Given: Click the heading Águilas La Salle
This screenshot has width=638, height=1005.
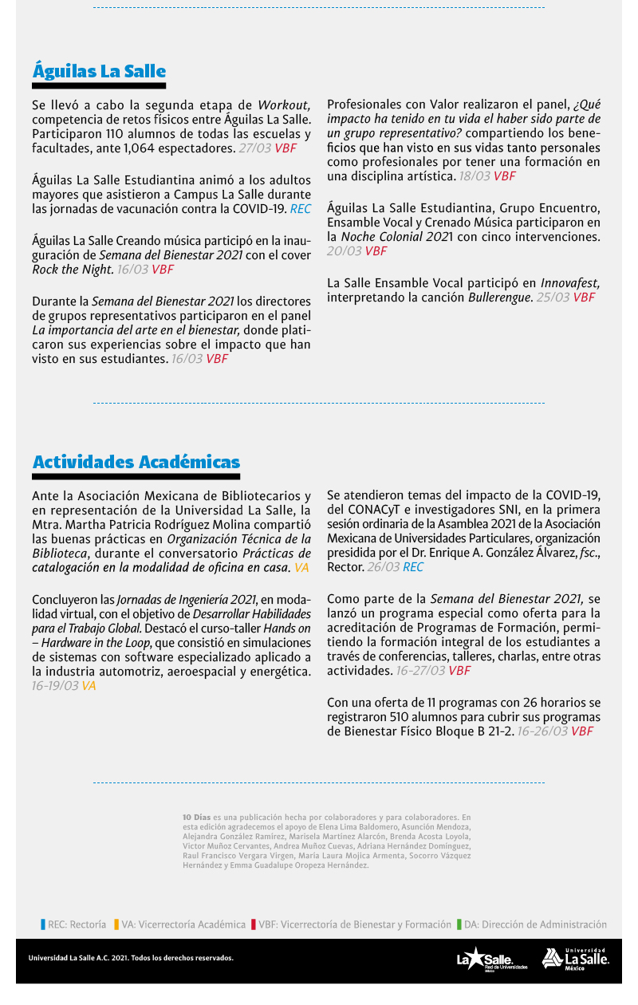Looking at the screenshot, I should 99,71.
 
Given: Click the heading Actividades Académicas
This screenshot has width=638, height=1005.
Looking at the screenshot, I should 136,463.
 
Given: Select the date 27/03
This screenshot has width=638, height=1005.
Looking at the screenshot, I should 255,148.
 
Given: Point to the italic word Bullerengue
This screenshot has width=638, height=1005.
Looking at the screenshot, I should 499,298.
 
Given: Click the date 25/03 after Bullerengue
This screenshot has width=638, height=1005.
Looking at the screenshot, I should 553,298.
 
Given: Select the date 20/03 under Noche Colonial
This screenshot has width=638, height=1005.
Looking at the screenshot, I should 344,251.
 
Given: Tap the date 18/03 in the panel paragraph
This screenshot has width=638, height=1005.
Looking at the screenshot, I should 475,176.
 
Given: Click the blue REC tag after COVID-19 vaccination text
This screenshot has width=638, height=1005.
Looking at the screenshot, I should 300,209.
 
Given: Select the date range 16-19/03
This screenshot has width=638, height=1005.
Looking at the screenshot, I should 55,685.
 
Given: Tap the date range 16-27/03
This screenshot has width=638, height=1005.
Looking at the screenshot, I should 420,671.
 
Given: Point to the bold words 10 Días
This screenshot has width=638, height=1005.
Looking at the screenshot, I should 196,817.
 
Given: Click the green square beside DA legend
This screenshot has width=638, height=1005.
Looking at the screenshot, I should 459,924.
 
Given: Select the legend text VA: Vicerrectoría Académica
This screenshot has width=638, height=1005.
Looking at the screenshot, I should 183,924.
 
